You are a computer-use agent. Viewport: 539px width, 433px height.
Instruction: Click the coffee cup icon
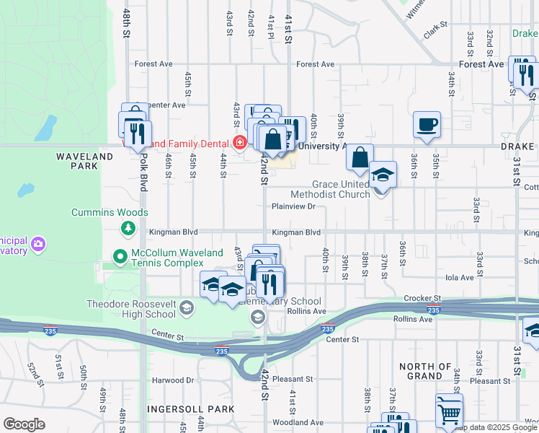[427, 123]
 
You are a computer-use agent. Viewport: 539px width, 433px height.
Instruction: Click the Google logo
[23, 424]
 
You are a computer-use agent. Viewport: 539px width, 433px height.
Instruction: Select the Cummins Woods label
[110, 212]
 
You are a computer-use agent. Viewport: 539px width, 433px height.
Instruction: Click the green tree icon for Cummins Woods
[128, 228]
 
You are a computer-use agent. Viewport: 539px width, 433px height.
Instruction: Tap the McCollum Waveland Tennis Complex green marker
[120, 255]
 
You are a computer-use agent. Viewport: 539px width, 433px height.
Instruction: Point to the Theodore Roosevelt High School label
[130, 309]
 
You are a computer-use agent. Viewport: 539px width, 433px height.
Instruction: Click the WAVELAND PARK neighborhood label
[85, 161]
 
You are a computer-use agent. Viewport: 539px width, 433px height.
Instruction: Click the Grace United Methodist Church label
[330, 189]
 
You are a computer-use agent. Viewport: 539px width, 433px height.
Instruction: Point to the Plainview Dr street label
[293, 206]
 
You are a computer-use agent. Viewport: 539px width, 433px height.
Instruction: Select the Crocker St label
[422, 297]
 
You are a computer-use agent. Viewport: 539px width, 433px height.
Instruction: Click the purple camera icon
[37, 245]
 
